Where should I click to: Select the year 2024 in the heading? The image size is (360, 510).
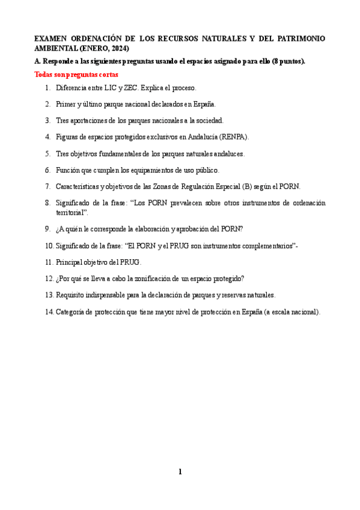(118, 48)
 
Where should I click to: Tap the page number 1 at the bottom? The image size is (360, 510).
(180, 472)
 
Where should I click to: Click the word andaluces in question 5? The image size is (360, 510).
(228, 153)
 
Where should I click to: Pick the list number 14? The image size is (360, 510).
(48, 312)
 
